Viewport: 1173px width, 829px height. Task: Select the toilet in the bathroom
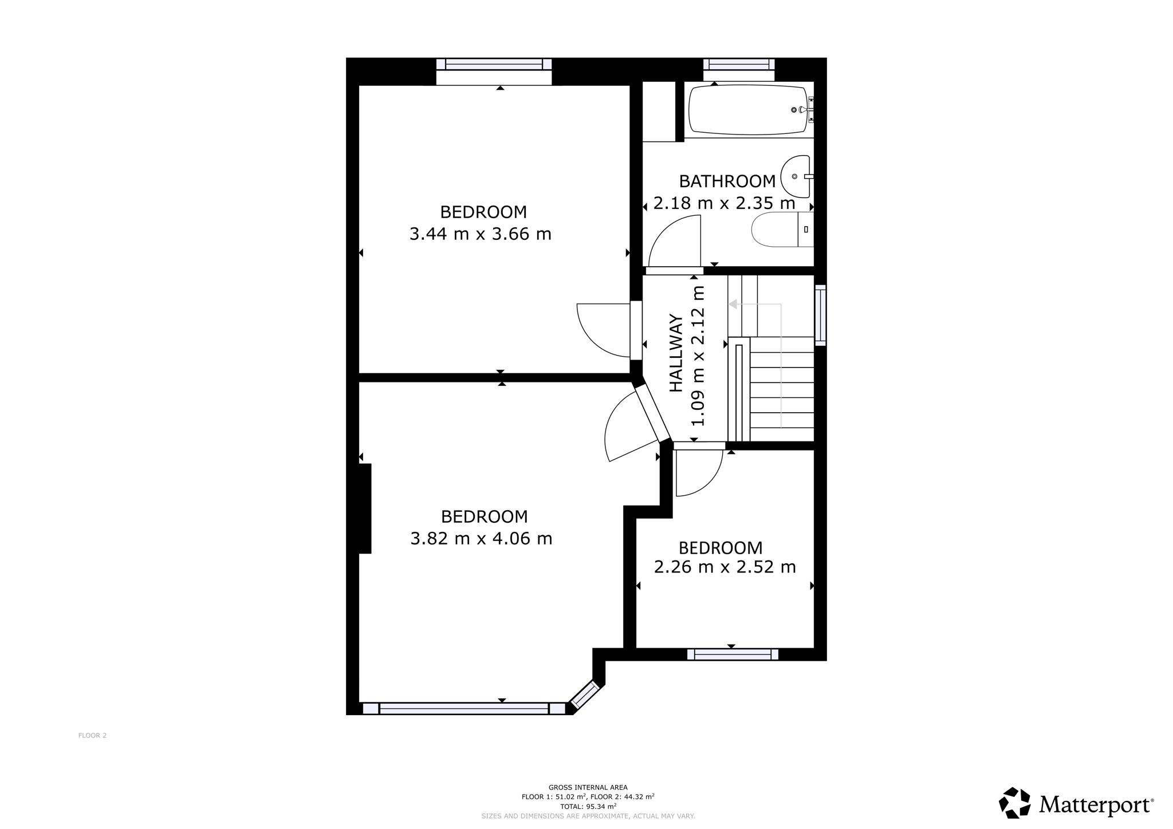(782, 230)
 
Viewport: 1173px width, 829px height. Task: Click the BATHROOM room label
(727, 181)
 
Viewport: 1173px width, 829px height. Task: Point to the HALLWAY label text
(676, 353)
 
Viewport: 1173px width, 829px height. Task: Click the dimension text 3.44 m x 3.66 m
(480, 234)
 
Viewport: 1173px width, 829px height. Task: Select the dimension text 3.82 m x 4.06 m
(481, 539)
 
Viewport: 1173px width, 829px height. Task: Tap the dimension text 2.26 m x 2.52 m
(725, 567)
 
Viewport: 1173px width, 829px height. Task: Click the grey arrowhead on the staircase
(732, 305)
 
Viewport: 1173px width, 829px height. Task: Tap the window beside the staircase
(820, 315)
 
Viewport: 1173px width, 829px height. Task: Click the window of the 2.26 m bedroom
(733, 654)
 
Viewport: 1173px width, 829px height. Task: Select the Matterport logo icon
(1015, 803)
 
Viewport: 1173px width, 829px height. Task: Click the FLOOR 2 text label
(93, 736)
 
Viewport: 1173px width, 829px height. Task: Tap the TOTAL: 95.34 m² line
(588, 806)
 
